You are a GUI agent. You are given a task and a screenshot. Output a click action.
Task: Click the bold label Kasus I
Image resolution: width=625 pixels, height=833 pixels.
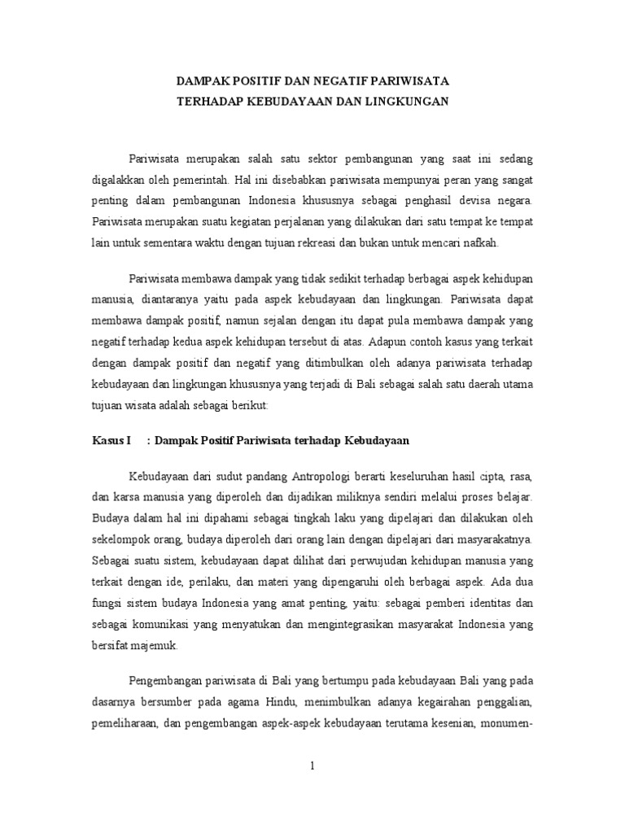pyautogui.click(x=111, y=441)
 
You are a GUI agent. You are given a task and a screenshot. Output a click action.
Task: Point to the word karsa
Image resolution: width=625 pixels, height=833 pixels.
pyautogui.click(x=124, y=496)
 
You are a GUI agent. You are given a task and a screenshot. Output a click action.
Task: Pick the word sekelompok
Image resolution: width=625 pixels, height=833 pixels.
pyautogui.click(x=121, y=539)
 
